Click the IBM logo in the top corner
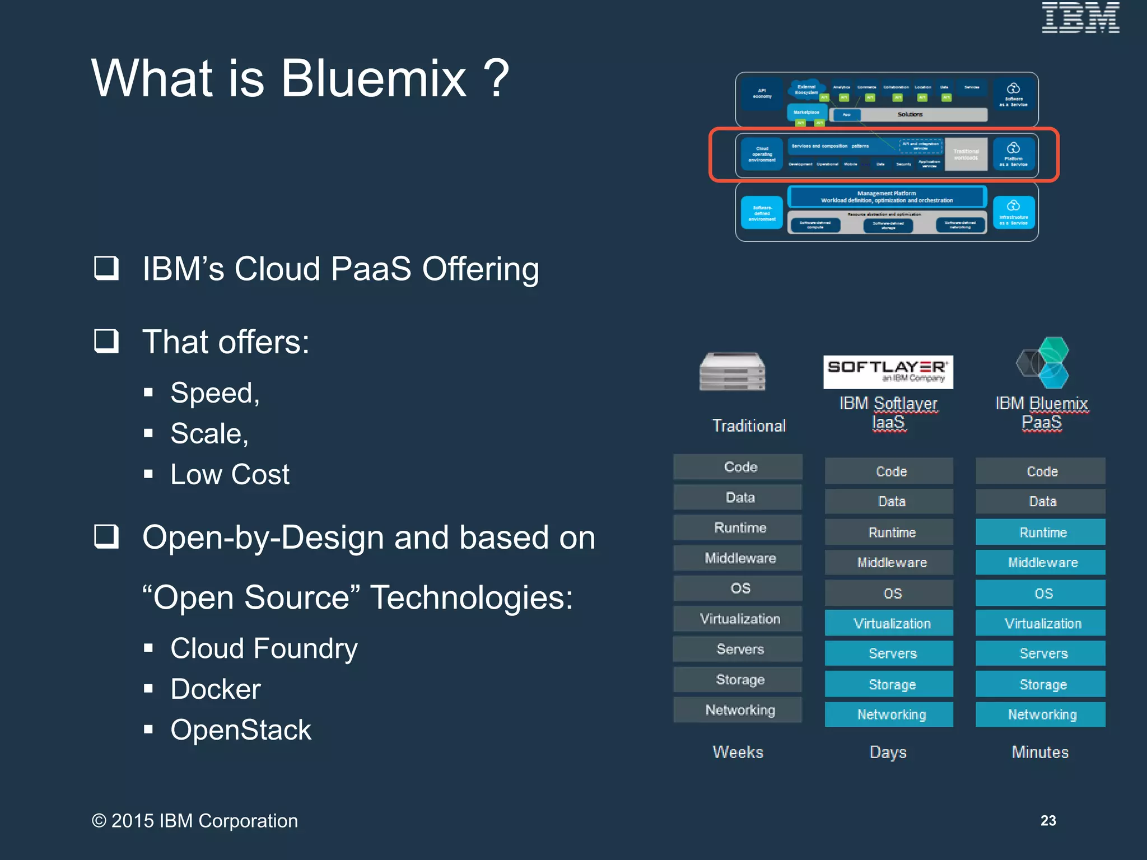click(1080, 18)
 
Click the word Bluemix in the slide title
click(374, 78)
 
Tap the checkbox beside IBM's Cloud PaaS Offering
click(106, 268)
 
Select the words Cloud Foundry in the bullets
click(264, 648)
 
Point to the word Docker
click(216, 689)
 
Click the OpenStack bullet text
click(240, 730)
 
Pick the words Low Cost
click(230, 475)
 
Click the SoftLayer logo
click(888, 372)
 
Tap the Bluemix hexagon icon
click(1043, 363)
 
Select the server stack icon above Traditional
click(732, 371)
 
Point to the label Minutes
click(1040, 752)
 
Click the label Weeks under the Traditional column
click(738, 752)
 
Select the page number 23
click(1048, 820)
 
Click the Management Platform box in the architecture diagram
click(887, 197)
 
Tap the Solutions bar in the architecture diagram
click(910, 115)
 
